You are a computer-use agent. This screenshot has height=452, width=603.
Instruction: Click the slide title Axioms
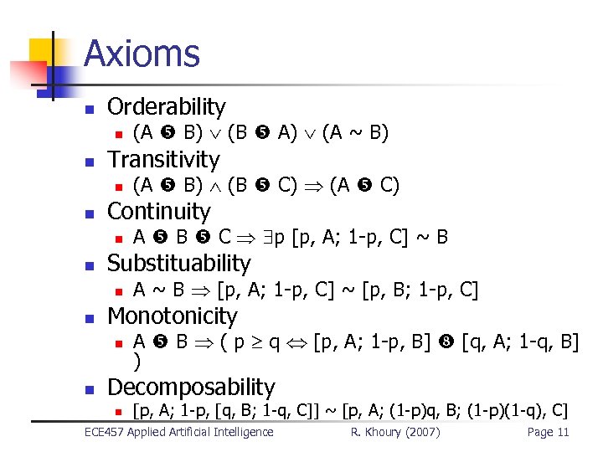coord(142,54)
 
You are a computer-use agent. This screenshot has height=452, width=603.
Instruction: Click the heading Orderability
coord(167,106)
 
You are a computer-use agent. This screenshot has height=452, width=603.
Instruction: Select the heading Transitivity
coord(163,159)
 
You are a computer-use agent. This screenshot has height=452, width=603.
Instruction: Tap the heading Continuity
coord(159,211)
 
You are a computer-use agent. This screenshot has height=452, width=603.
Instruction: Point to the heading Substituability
coord(179,263)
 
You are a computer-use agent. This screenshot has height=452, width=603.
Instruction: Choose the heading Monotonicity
coord(173,316)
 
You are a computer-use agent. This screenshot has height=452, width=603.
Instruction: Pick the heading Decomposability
coord(191,387)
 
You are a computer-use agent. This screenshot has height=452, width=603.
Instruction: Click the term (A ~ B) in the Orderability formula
coord(355,132)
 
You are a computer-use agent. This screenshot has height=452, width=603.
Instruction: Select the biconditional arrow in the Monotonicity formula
coord(296,342)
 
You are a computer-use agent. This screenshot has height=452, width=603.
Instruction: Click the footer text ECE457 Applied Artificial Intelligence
coord(179,432)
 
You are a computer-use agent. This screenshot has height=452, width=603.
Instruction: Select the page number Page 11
coord(548,432)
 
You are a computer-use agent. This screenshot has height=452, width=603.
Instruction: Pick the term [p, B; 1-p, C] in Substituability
coord(420,290)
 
